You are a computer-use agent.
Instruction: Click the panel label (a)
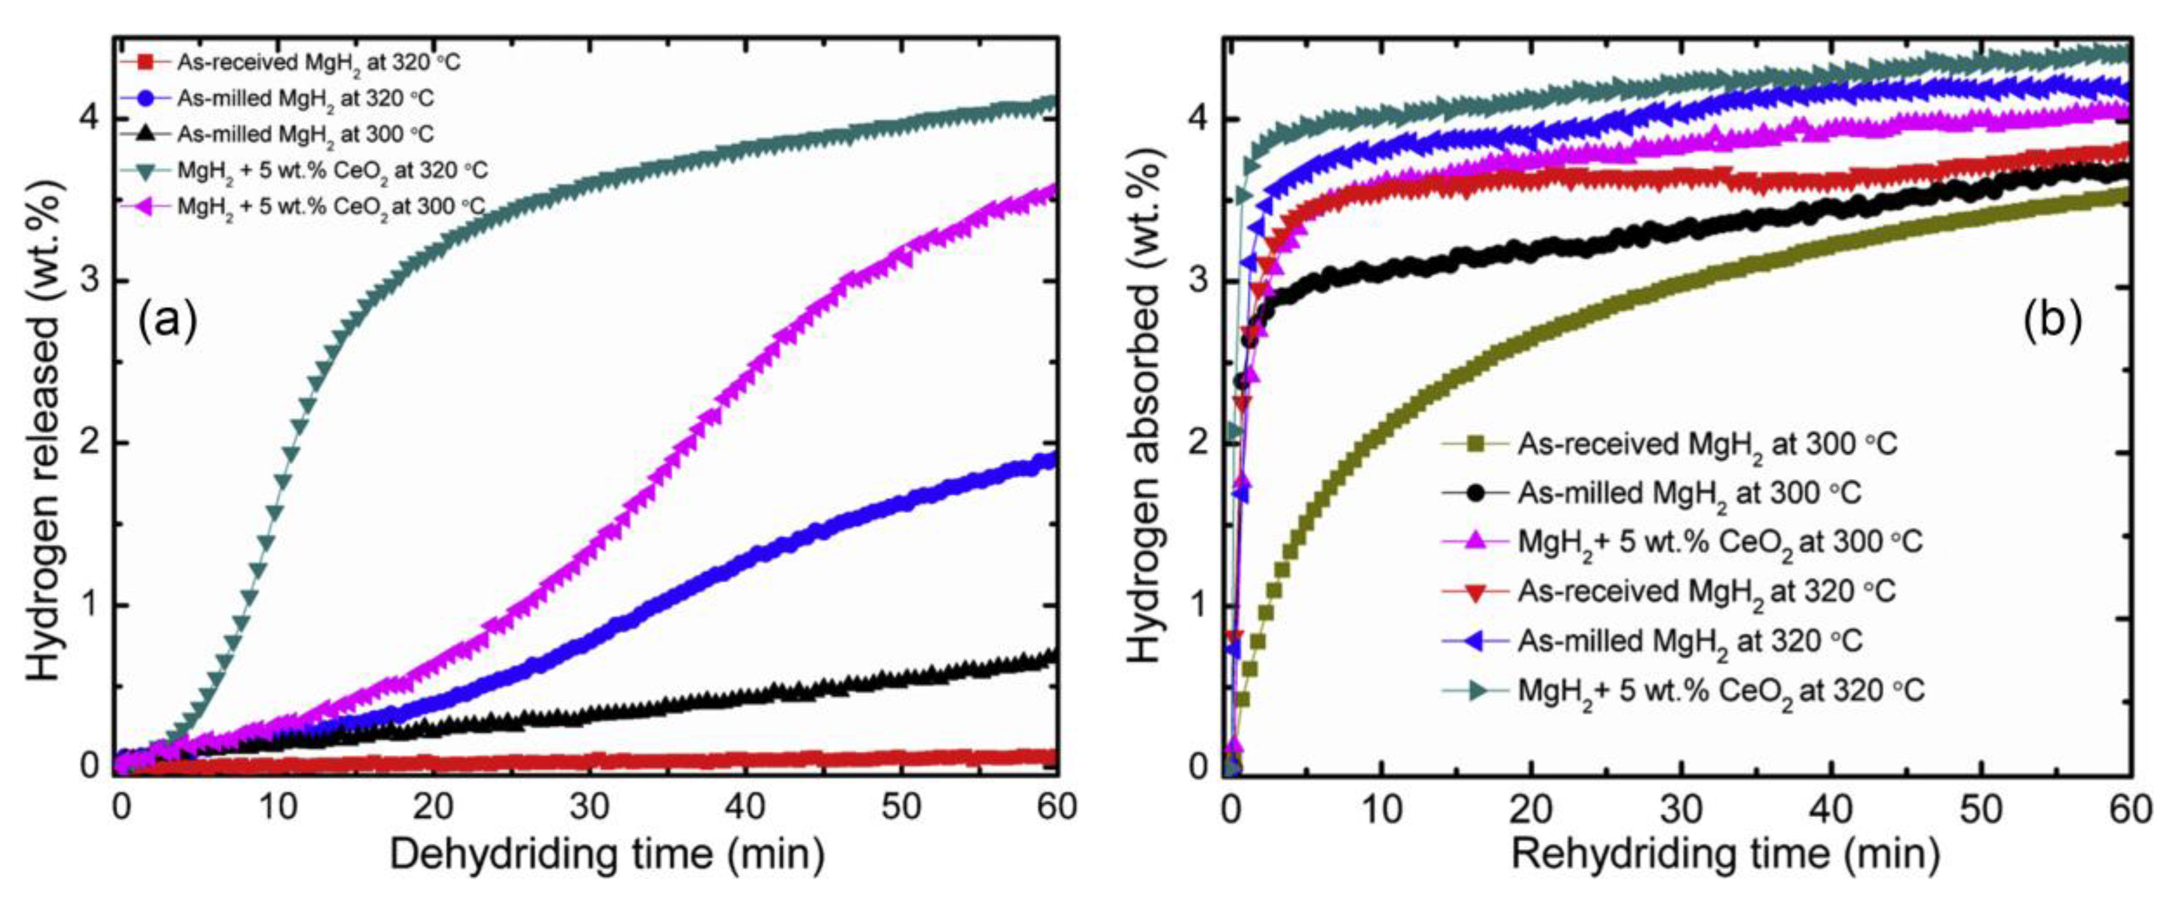click(168, 322)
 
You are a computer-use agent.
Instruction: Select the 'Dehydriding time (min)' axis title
click(607, 855)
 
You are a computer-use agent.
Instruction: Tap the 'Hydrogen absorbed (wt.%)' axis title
click(1143, 407)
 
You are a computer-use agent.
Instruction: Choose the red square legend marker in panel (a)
click(145, 61)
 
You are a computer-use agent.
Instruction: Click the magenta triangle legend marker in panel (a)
click(145, 206)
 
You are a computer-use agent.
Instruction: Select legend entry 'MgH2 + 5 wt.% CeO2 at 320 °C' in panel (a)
click(331, 171)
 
